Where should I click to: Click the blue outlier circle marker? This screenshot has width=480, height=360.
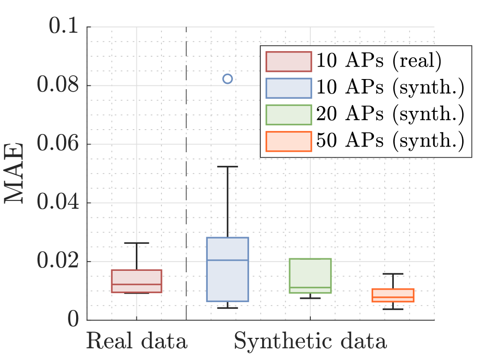pyautogui.click(x=227, y=79)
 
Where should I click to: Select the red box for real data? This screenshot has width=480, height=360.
pyautogui.click(x=136, y=281)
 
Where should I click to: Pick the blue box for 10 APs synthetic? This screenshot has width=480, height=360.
pyautogui.click(x=227, y=269)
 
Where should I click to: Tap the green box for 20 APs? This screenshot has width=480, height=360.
pyautogui.click(x=310, y=276)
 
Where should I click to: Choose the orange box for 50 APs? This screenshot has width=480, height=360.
pyautogui.click(x=393, y=295)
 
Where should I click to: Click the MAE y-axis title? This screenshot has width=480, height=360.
pyautogui.click(x=16, y=173)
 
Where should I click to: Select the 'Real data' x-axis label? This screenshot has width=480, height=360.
pyautogui.click(x=136, y=342)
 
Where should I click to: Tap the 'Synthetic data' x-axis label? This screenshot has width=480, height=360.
pyautogui.click(x=310, y=342)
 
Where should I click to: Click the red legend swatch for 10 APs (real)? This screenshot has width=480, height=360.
pyautogui.click(x=288, y=61)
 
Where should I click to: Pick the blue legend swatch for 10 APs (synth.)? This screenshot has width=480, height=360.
pyautogui.click(x=288, y=88)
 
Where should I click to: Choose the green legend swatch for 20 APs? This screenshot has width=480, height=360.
pyautogui.click(x=288, y=114)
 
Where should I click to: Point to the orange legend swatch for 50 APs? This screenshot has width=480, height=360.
pyautogui.click(x=288, y=141)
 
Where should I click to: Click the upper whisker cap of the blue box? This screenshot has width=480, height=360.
pyautogui.click(x=227, y=166)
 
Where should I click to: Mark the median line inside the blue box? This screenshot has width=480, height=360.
pyautogui.click(x=227, y=260)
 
